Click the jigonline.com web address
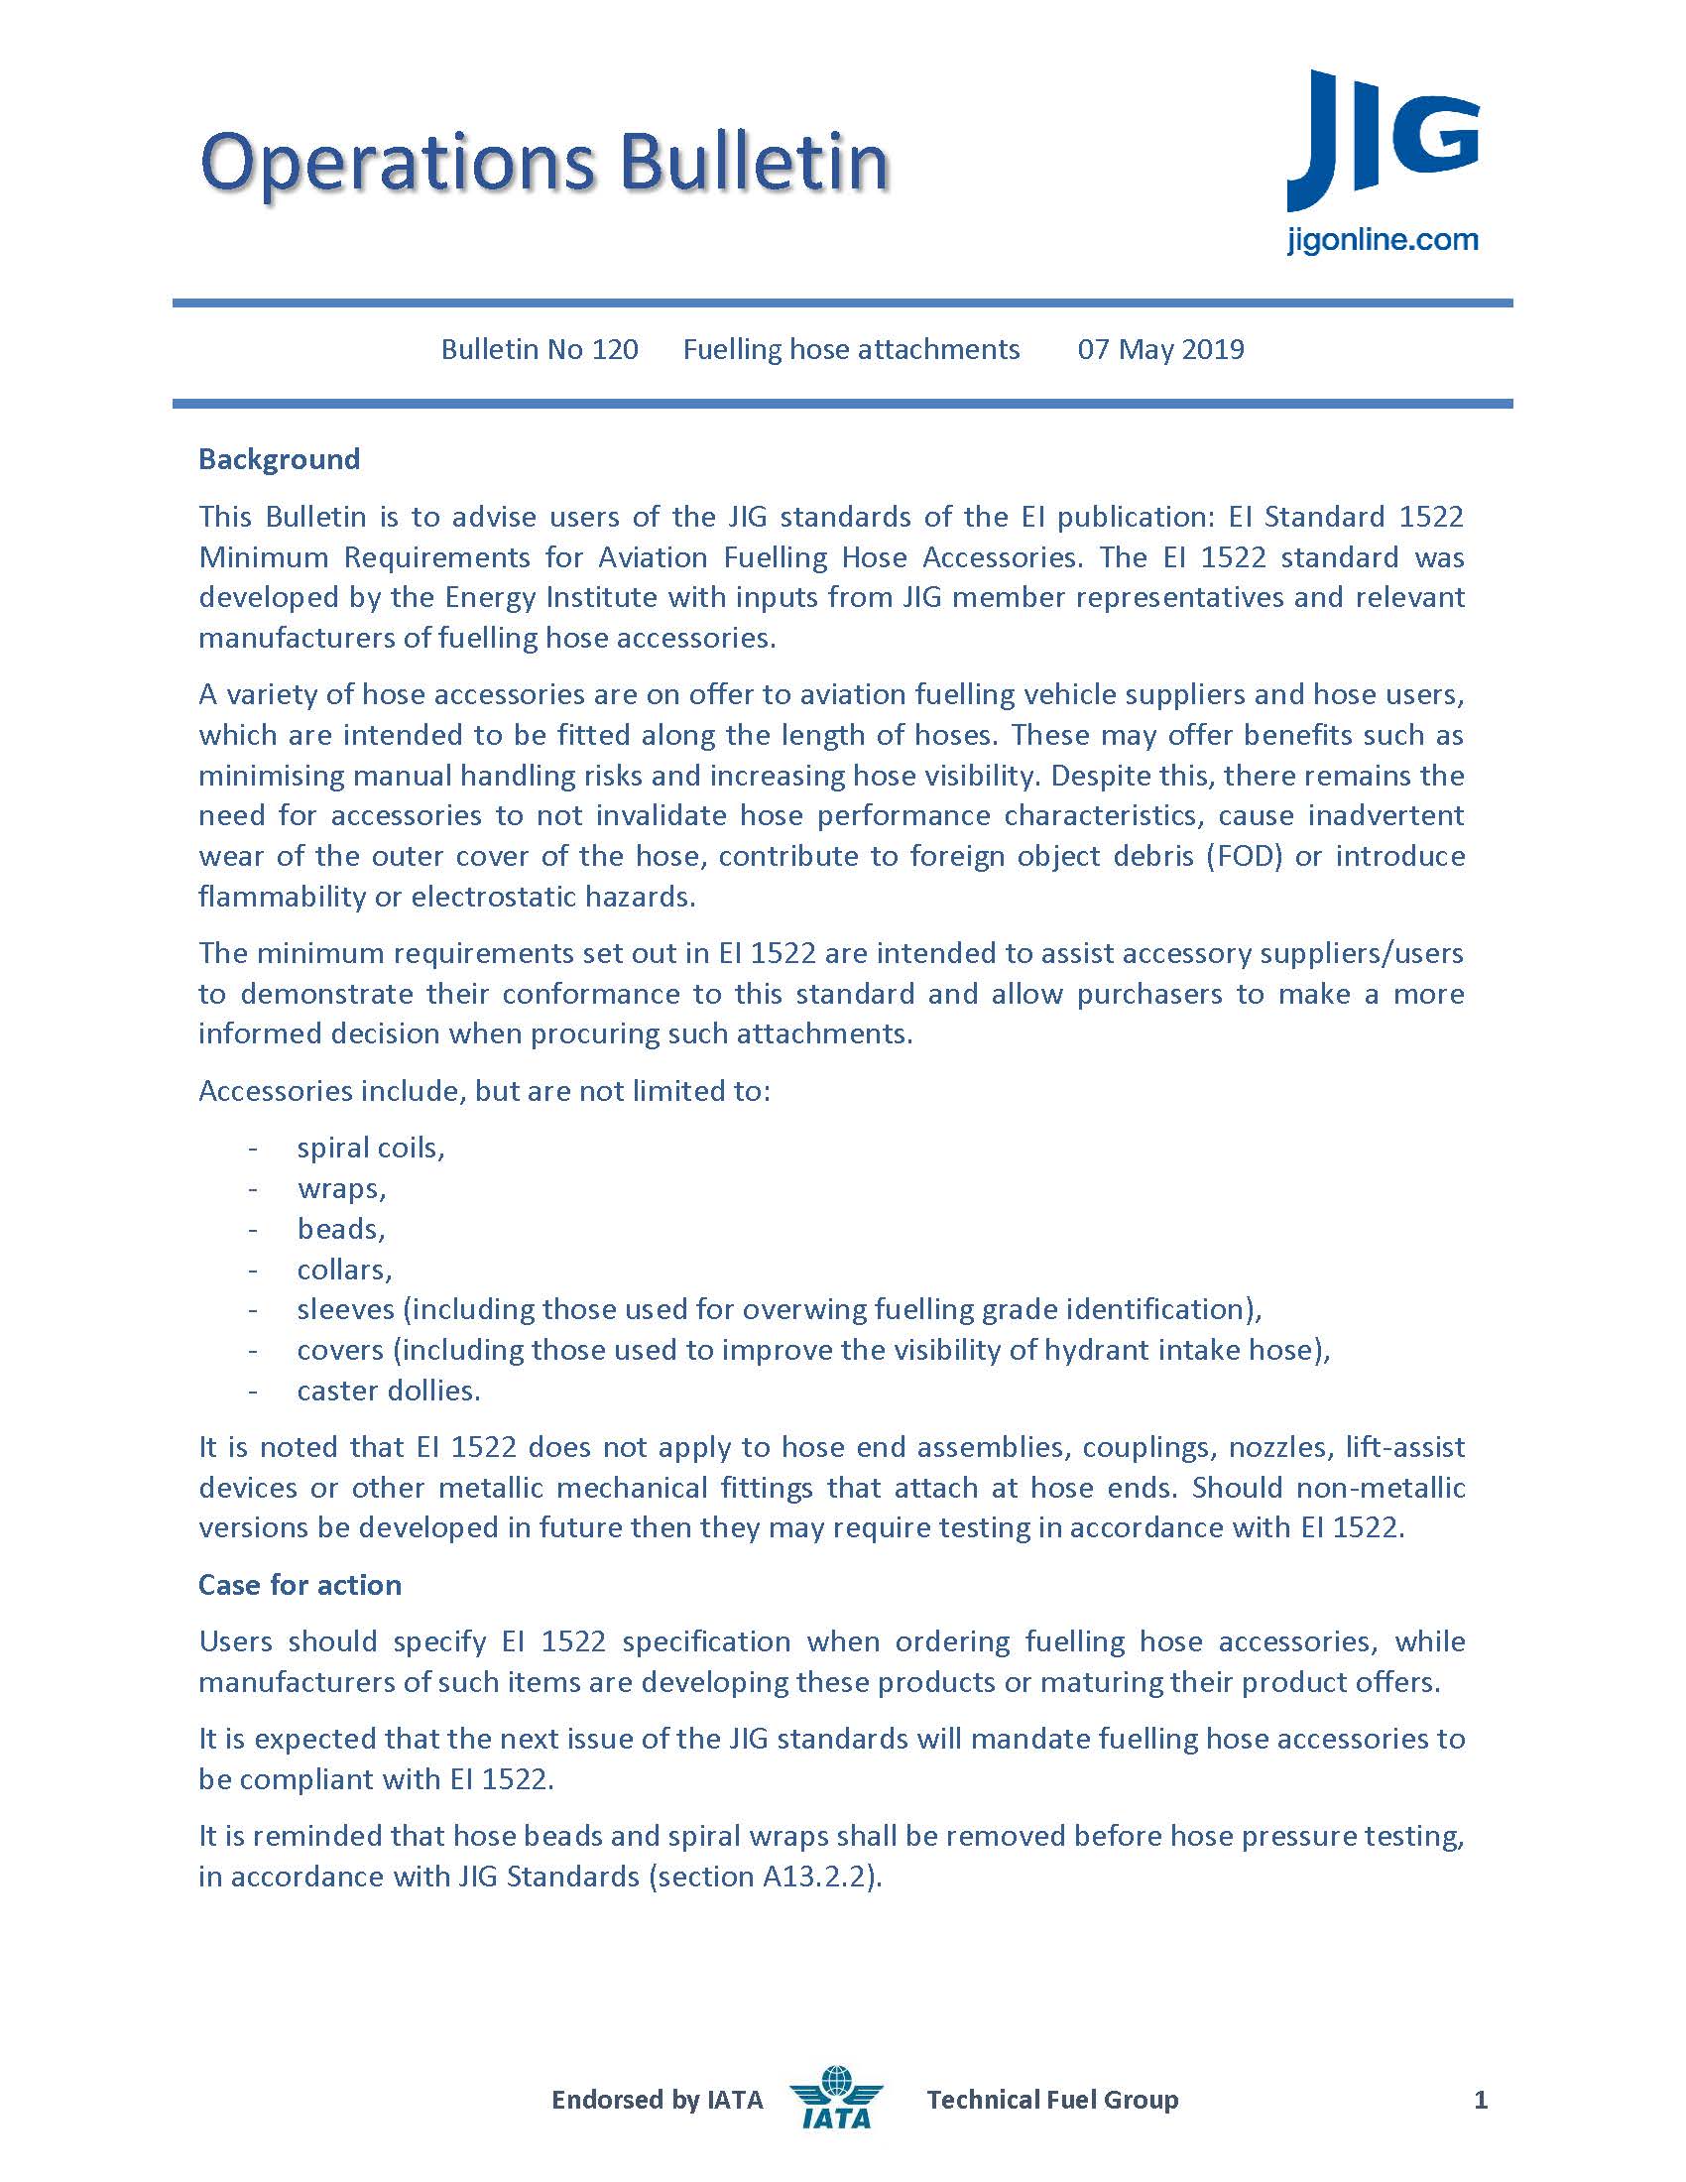point(1382,241)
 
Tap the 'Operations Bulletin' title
point(544,162)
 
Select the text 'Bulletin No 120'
point(540,350)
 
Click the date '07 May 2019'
point(1160,350)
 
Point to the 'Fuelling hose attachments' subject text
point(851,350)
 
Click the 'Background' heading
point(279,459)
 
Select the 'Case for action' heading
point(300,1586)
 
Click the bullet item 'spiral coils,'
point(371,1148)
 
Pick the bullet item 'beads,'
point(340,1229)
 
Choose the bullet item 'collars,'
point(344,1270)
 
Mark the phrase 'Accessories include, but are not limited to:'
point(484,1091)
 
